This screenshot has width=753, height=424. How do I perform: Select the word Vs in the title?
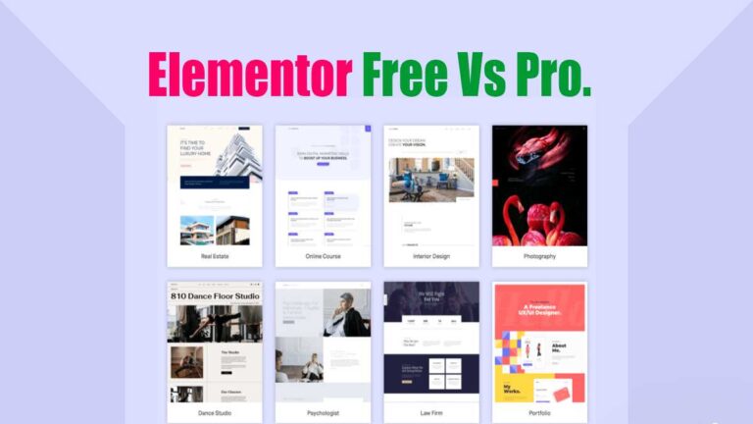click(x=498, y=77)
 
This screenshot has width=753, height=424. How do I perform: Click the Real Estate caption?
click(x=215, y=256)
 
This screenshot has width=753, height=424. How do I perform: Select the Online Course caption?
click(x=323, y=256)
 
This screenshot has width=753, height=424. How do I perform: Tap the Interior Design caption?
click(x=431, y=256)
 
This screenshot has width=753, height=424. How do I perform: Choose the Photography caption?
click(x=539, y=256)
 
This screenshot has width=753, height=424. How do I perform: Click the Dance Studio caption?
click(x=215, y=413)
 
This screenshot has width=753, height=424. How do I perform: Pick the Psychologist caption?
click(x=323, y=413)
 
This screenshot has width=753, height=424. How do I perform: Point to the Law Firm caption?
click(x=431, y=413)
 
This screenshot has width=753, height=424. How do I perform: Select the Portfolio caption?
click(x=539, y=413)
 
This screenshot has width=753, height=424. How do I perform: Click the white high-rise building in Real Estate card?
click(x=234, y=157)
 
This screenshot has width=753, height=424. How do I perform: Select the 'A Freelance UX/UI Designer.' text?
click(x=540, y=310)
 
